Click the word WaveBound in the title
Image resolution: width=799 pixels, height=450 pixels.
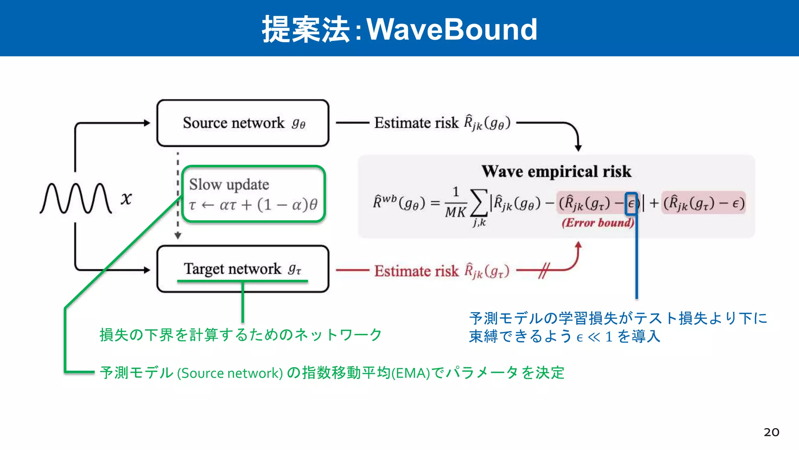click(x=452, y=29)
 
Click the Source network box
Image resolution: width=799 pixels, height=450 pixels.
click(x=243, y=123)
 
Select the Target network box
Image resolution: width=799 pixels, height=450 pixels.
click(x=243, y=269)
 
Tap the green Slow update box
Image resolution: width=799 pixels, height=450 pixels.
click(x=254, y=194)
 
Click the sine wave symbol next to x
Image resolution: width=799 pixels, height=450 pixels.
click(x=76, y=198)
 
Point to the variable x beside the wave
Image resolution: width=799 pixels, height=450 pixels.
click(x=126, y=198)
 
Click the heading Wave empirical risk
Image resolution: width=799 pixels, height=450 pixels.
click(x=556, y=171)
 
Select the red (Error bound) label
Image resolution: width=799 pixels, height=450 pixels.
click(x=598, y=223)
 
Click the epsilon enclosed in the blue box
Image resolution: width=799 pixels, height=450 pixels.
click(x=631, y=204)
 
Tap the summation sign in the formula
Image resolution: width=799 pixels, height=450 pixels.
click(x=479, y=203)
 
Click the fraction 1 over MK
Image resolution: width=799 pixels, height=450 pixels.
click(x=456, y=203)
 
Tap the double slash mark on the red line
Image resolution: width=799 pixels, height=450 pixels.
click(x=544, y=270)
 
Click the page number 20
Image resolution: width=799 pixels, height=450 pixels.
click(x=771, y=432)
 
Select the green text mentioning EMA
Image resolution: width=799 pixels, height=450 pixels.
click(x=332, y=373)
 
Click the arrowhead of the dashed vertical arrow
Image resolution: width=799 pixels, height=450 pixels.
click(x=178, y=236)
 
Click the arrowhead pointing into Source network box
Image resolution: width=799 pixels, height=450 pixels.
click(x=147, y=123)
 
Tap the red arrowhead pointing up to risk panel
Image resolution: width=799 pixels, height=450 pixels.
click(x=578, y=245)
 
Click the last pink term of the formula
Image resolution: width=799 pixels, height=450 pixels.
click(x=703, y=203)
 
